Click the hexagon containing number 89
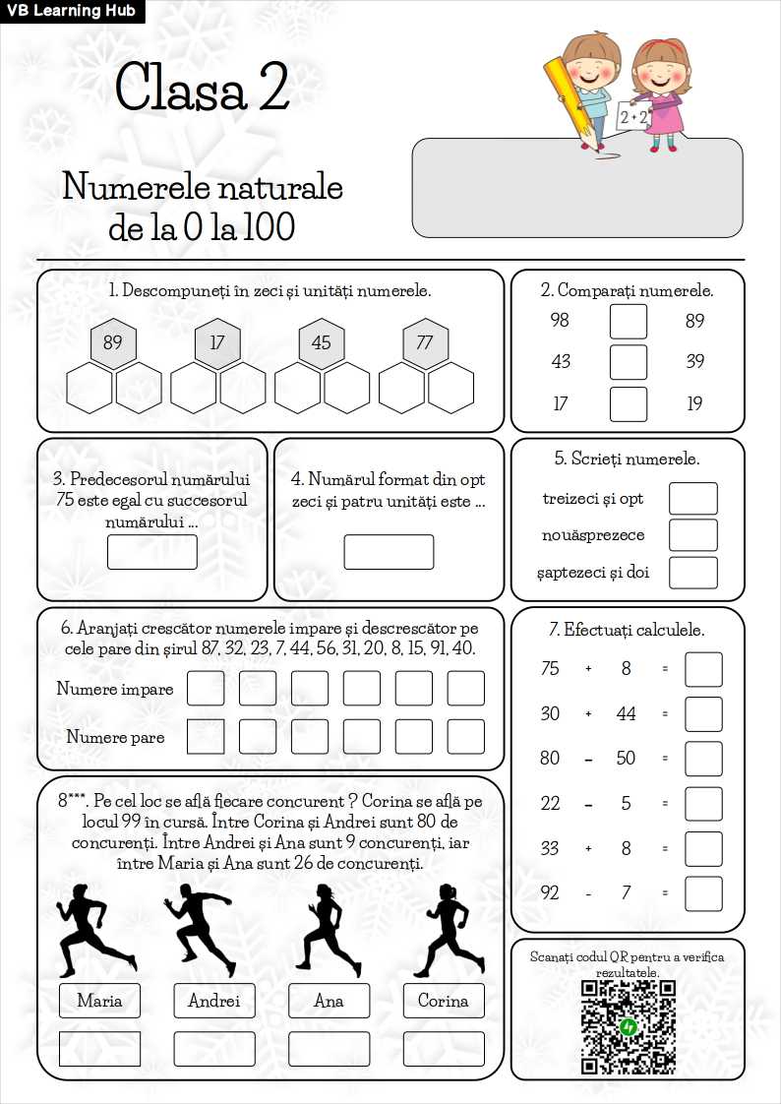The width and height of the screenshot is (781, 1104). tap(113, 343)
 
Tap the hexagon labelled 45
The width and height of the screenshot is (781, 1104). tap(322, 343)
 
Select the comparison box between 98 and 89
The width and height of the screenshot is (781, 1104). tap(629, 321)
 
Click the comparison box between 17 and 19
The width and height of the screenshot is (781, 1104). tap(629, 403)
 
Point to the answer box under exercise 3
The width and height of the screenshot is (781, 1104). tap(152, 552)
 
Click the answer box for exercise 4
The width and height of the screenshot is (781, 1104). tap(389, 552)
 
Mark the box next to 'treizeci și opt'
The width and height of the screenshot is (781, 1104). tap(693, 499)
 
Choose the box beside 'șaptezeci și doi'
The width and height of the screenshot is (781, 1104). tap(693, 573)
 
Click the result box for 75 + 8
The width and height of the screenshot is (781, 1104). tap(703, 669)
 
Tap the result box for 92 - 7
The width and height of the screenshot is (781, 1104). tap(703, 893)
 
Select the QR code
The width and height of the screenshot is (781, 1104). tap(628, 1027)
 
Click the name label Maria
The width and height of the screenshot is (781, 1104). tap(99, 1001)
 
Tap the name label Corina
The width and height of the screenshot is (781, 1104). tap(444, 1001)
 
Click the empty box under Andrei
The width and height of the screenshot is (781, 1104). tap(214, 1048)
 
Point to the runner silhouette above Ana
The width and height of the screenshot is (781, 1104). tap(327, 929)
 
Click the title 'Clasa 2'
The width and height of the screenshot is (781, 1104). tap(202, 87)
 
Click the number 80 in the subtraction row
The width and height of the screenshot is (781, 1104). tap(550, 759)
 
